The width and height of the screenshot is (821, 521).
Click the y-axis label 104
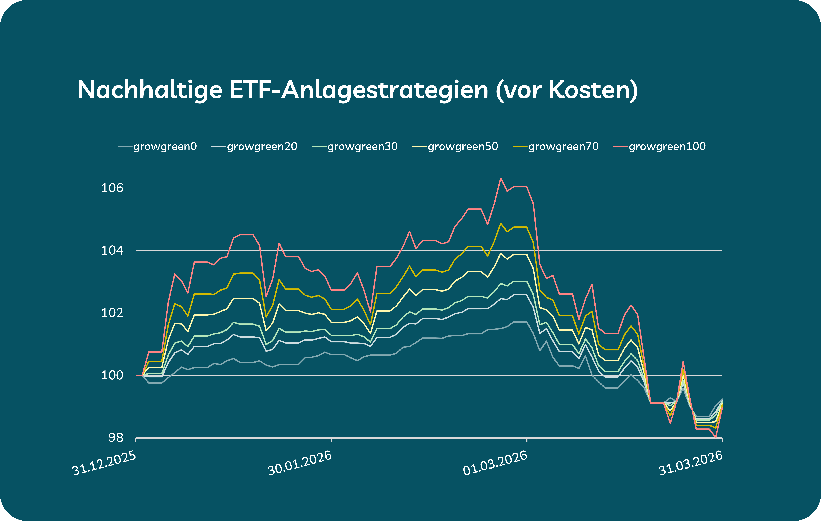[112, 250]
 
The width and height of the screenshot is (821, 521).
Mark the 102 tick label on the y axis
[112, 313]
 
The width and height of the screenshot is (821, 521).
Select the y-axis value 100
[112, 375]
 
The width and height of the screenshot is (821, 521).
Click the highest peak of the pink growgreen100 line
[500, 178]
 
